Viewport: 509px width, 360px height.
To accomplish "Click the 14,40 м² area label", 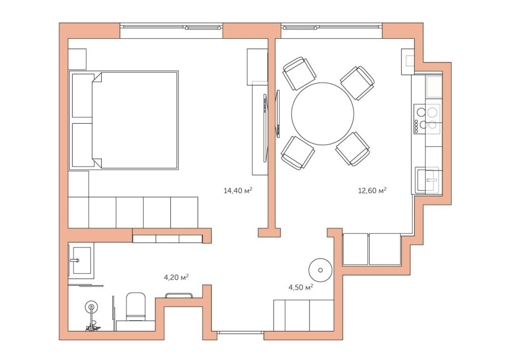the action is (x=238, y=190).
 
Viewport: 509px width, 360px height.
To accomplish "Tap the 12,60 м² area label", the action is (x=372, y=190).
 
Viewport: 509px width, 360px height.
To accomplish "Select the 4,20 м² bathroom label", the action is (x=176, y=277).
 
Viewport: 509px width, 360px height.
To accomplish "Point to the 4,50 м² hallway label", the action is (x=301, y=287).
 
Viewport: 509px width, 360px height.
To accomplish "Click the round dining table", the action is (x=323, y=114).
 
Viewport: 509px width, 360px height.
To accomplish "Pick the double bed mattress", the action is (x=135, y=121).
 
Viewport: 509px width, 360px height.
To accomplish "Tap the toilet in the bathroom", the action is (x=135, y=307).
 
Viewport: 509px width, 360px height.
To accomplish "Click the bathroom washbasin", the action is (x=81, y=260).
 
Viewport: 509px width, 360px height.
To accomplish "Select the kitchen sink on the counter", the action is (x=428, y=180).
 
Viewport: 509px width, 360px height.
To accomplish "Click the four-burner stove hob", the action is (x=427, y=119).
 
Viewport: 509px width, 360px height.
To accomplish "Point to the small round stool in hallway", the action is (x=320, y=270).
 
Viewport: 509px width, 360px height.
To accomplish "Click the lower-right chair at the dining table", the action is (x=353, y=149).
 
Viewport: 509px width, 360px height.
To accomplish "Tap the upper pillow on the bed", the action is (x=82, y=95).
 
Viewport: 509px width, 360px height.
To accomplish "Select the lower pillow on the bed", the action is (x=82, y=145).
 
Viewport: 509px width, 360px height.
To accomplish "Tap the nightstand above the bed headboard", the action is (x=77, y=59).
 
